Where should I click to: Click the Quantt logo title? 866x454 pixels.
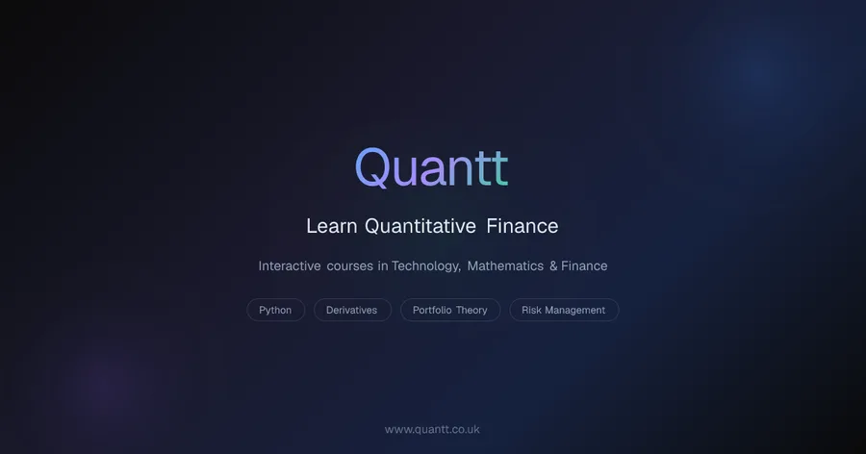coord(431,168)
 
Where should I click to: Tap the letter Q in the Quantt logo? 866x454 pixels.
coord(373,168)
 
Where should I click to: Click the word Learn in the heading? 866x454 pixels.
coord(332,226)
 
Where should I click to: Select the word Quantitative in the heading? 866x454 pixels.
coord(420,226)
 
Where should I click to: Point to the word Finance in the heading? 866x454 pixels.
coord(522,226)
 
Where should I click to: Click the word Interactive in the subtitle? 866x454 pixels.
coord(290,266)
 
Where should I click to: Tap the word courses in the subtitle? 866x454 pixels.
coord(350,266)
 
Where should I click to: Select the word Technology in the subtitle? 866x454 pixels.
coord(425,266)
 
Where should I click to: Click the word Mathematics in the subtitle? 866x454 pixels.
coord(505,266)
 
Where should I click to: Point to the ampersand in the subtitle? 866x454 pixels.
coord(553,266)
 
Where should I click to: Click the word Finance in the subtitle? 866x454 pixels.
coord(584,266)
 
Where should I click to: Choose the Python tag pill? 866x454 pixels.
coord(275,310)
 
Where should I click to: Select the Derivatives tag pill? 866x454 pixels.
coord(352,310)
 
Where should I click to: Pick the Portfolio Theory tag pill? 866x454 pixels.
coord(450,310)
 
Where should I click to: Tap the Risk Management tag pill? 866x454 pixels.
coord(564,310)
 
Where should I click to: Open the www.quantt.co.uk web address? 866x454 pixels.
coord(432,429)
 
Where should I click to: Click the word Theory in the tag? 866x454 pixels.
coord(471,311)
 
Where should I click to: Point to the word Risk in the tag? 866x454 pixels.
coord(531,310)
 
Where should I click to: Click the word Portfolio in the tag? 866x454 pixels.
coord(432,310)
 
